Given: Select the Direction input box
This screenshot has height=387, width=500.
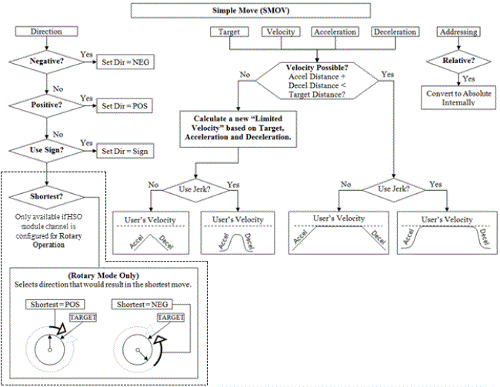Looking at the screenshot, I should click(x=47, y=32).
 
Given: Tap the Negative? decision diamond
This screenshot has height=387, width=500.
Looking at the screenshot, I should click(x=47, y=61).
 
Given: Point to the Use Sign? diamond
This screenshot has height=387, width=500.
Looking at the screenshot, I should click(x=47, y=149).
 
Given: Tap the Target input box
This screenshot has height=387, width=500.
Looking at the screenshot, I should click(x=229, y=32).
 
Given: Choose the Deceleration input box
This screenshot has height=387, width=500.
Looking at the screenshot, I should click(x=395, y=32).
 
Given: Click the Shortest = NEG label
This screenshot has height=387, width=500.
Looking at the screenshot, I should click(x=142, y=305).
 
